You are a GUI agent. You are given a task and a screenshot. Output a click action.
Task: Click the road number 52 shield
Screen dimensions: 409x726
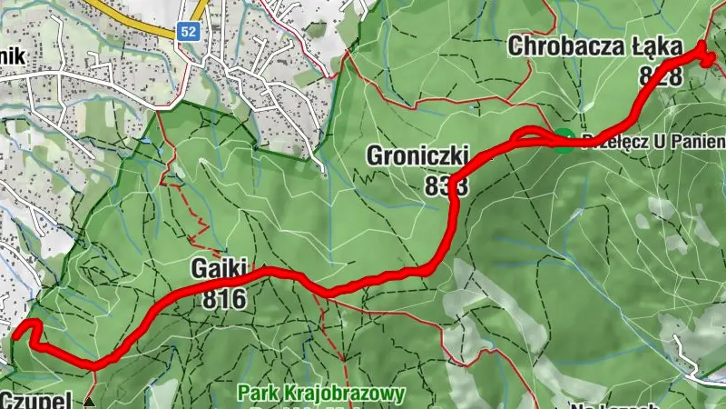(188, 32)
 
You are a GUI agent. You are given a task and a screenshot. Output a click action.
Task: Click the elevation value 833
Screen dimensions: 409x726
(445, 185)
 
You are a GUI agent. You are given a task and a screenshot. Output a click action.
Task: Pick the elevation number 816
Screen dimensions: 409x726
(225, 298)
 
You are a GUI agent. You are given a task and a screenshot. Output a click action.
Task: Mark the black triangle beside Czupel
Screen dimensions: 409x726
(89, 400)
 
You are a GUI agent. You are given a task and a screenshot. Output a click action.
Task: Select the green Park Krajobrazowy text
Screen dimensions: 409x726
(320, 394)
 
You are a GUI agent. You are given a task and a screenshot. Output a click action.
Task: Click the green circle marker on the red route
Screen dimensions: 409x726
(564, 139)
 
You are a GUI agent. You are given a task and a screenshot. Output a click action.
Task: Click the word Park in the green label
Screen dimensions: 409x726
(257, 394)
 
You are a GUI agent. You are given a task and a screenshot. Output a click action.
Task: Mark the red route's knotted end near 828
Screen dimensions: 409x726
(705, 56)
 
